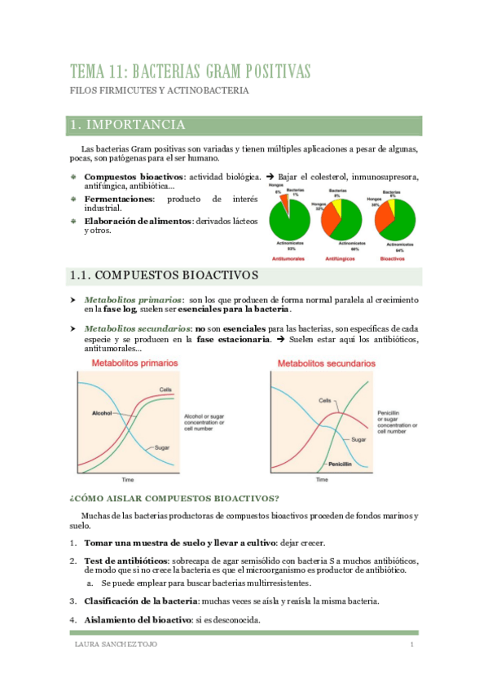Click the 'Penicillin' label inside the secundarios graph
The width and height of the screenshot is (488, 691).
pyautogui.click(x=340, y=464)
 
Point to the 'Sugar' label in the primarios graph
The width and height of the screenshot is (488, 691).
pyautogui.click(x=161, y=447)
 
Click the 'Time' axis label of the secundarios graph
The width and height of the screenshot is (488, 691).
pyautogui.click(x=323, y=480)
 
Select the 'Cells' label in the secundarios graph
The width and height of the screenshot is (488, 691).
pyautogui.click(x=325, y=401)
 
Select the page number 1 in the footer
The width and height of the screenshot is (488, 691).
pyautogui.click(x=412, y=646)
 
